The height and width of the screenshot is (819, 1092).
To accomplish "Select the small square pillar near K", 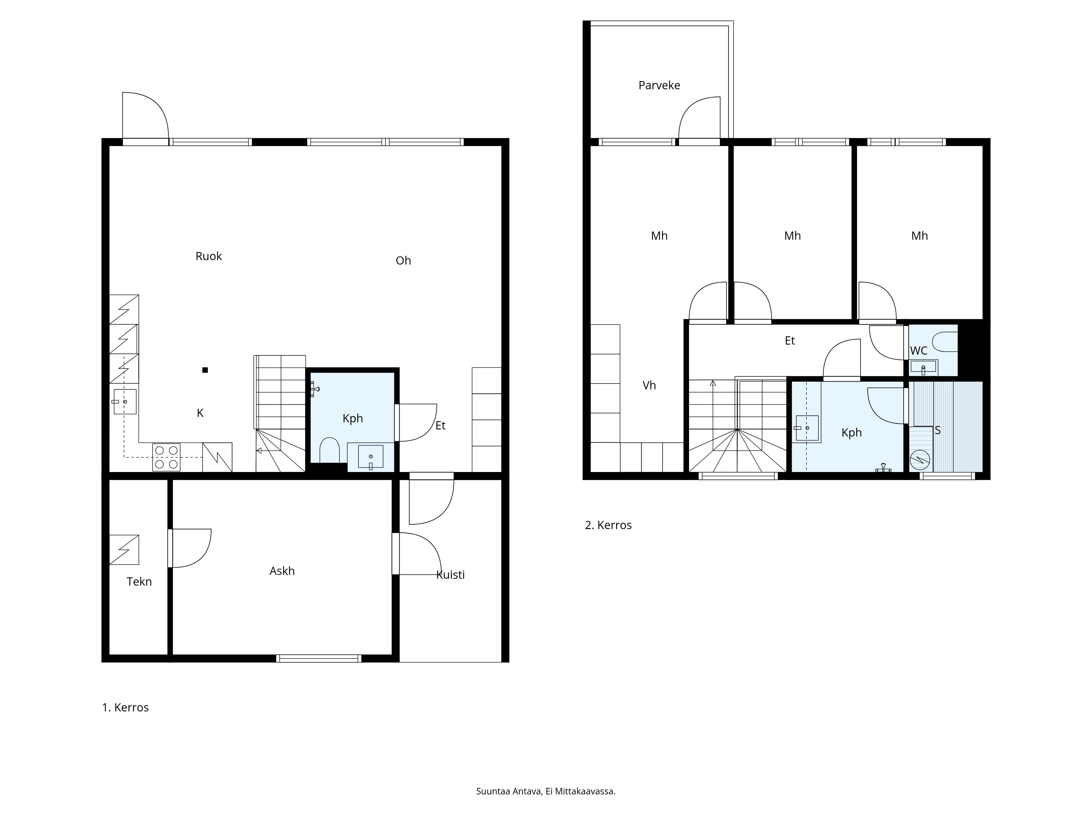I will click(205, 370).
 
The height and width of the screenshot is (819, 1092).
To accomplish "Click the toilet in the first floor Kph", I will click(329, 450).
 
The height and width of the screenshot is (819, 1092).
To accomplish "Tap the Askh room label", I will click(282, 571).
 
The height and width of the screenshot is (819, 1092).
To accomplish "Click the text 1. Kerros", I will click(125, 707).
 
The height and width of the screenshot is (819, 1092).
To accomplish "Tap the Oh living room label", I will click(403, 261).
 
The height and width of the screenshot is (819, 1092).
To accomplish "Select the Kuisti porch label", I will click(450, 575).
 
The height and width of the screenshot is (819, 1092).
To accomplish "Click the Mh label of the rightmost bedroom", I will click(919, 236).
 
